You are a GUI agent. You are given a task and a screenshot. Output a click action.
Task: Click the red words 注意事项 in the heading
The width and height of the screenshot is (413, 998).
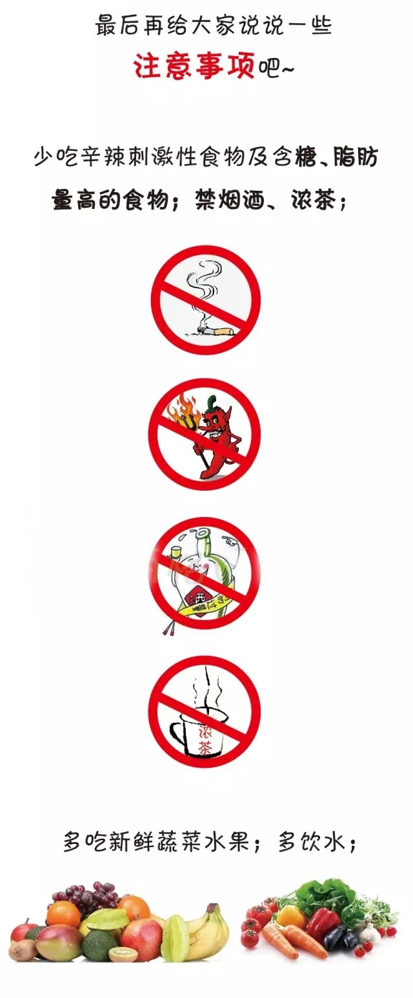[194, 66]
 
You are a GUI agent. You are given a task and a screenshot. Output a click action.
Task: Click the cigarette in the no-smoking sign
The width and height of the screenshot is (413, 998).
[215, 330]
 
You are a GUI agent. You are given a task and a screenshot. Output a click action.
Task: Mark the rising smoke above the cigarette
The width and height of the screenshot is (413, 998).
[203, 289]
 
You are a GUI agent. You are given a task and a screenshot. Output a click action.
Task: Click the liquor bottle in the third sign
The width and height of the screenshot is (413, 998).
[206, 574]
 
